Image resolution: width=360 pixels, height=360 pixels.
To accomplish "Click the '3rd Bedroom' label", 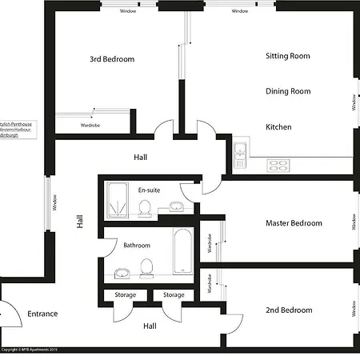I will [x=112, y=59].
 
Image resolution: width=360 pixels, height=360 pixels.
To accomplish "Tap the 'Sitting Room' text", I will [x=288, y=56].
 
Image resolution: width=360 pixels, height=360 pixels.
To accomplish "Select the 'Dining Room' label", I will [x=288, y=91].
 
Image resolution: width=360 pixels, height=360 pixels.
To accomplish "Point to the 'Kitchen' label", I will [x=279, y=127].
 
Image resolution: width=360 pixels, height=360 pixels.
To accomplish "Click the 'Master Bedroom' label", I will [x=294, y=223].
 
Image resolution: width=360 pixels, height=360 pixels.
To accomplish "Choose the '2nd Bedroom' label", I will [x=288, y=310].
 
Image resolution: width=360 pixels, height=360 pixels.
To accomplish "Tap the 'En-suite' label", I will [x=149, y=190].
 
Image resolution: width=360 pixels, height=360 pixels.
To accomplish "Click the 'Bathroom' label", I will [x=137, y=245].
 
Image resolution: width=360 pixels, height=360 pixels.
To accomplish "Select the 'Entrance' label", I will [x=42, y=314].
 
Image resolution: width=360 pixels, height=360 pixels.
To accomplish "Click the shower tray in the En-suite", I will [x=121, y=200].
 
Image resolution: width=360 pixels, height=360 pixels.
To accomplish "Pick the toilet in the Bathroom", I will [x=146, y=266].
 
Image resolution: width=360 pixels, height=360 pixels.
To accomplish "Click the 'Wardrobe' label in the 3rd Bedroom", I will [x=90, y=126].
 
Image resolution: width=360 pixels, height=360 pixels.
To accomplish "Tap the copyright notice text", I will [x=30, y=350].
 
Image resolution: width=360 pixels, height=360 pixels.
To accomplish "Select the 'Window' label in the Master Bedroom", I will [x=353, y=221].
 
